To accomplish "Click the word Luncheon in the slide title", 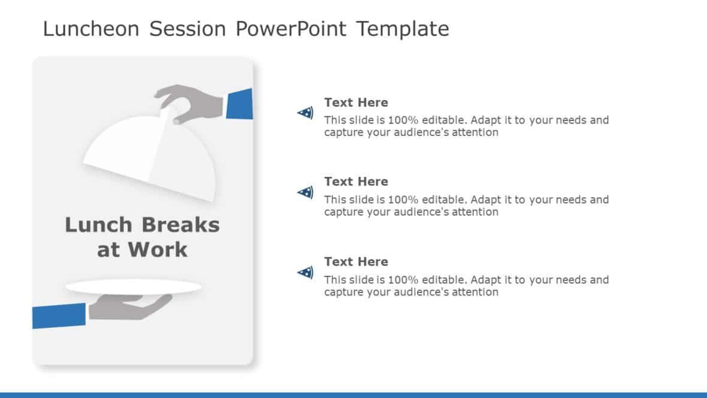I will [x=92, y=29].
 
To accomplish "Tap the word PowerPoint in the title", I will [x=291, y=29].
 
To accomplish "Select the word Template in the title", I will [x=403, y=29].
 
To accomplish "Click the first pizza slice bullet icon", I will [x=306, y=112].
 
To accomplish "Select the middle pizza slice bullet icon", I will [x=306, y=192].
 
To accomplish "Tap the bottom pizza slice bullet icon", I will [x=306, y=273].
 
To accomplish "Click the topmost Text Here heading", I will [x=356, y=102].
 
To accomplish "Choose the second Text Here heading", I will [x=356, y=182].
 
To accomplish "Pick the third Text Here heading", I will [x=356, y=262].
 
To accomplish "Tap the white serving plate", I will [x=133, y=287].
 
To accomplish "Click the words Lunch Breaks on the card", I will [x=142, y=225].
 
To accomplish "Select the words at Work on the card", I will [x=142, y=250].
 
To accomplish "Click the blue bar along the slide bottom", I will [x=353, y=394].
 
